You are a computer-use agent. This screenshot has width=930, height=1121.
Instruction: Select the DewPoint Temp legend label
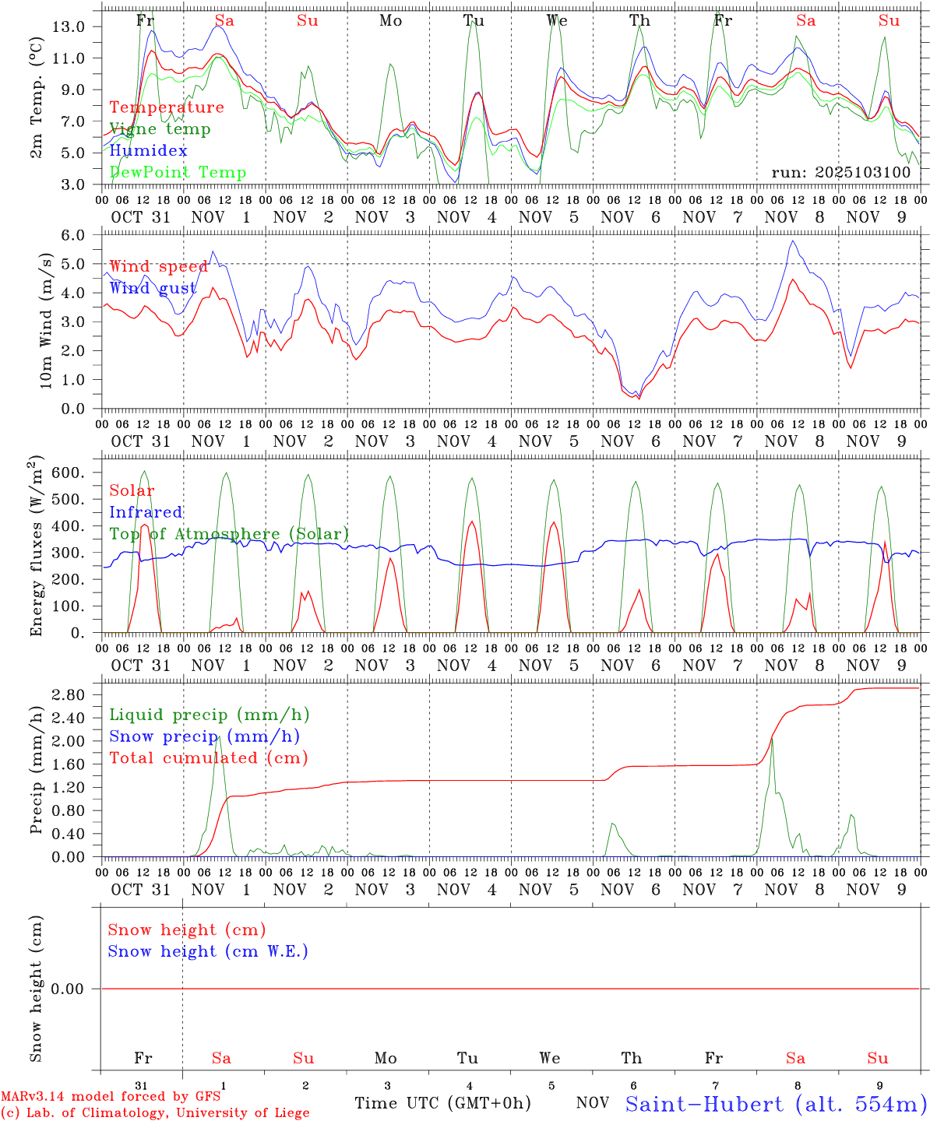(x=178, y=173)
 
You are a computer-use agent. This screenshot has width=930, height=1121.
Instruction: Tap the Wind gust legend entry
(x=153, y=288)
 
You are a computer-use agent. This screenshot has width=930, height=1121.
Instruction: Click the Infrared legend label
(x=146, y=512)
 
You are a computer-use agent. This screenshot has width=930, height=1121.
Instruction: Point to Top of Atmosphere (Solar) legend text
(x=229, y=534)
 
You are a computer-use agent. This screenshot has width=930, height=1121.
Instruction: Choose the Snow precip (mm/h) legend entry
(x=204, y=736)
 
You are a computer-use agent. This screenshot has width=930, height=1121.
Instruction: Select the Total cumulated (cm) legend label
(x=208, y=758)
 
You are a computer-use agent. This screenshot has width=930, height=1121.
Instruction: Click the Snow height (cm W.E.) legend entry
(x=208, y=951)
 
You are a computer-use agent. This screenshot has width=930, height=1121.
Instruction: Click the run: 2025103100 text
(x=840, y=172)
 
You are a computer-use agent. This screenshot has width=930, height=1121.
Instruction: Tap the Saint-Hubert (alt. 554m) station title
(x=776, y=1104)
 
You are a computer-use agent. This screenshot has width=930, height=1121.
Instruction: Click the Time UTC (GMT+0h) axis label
(x=442, y=1103)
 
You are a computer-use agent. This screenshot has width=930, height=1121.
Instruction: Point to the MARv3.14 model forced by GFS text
(x=110, y=1096)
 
